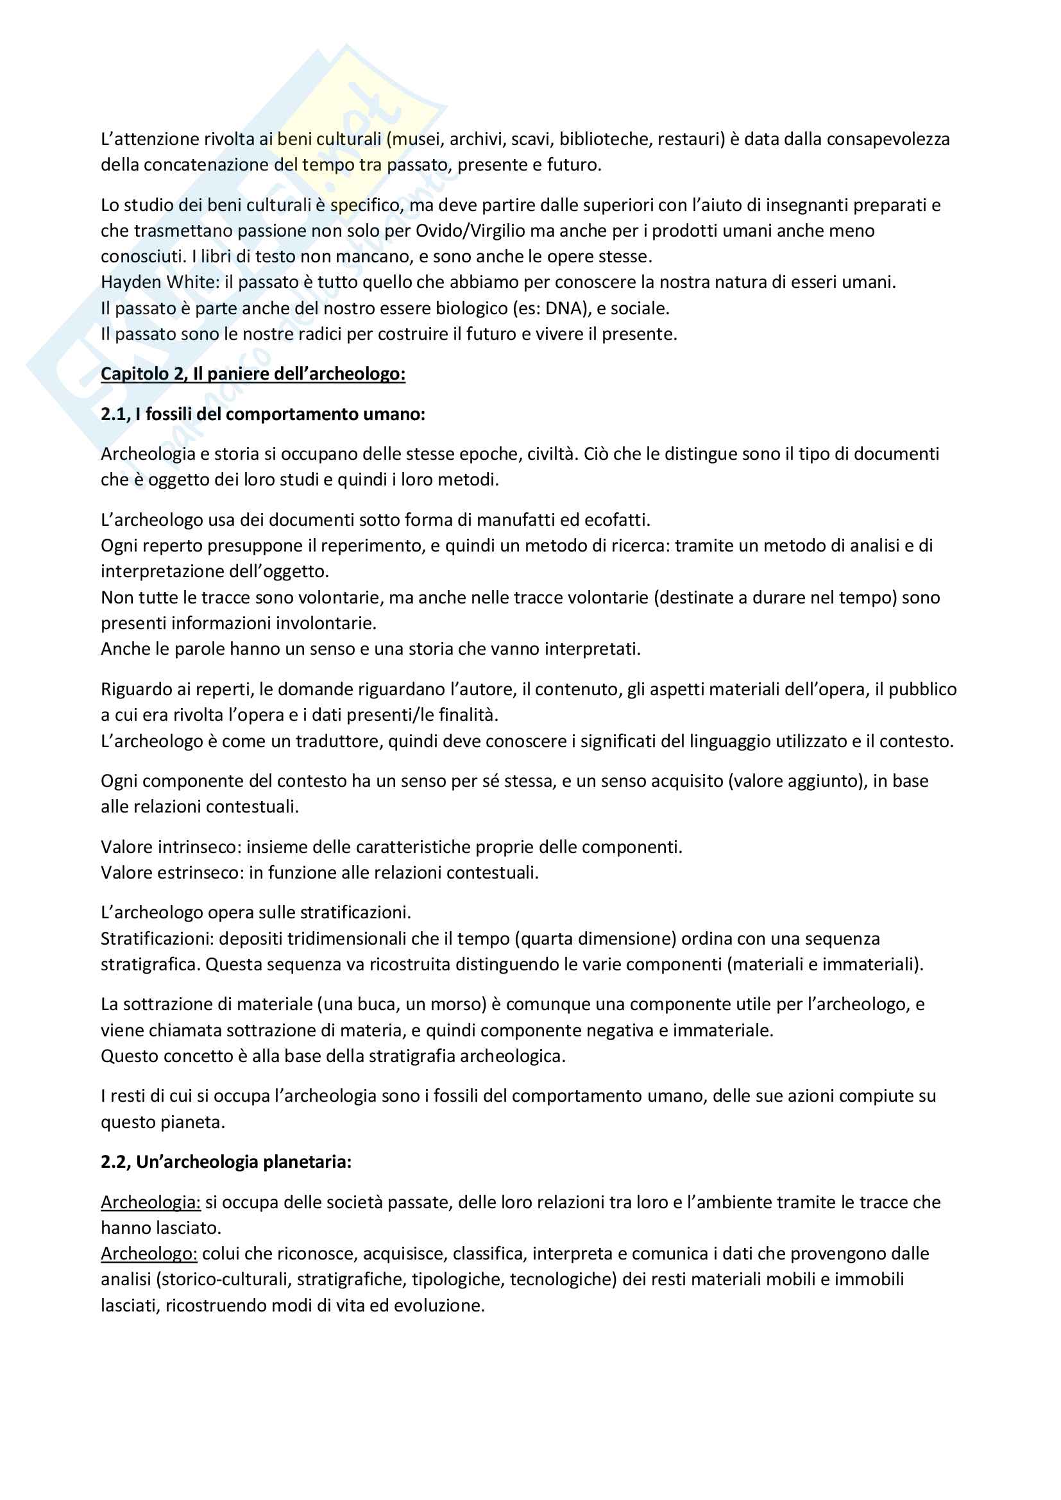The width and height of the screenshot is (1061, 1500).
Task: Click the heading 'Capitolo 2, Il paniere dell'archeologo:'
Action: point(253,374)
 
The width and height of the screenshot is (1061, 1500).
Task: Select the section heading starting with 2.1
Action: point(262,414)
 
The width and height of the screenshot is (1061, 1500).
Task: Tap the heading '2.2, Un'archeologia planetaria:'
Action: point(226,1161)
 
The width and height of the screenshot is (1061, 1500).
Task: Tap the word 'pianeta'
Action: point(192,1122)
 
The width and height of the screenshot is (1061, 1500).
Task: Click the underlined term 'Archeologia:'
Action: point(150,1202)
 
